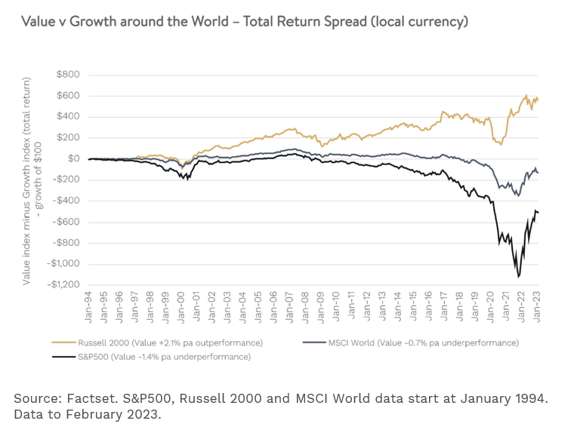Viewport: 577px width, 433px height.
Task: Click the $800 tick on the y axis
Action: click(x=68, y=74)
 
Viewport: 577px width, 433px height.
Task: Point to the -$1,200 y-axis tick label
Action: click(x=63, y=284)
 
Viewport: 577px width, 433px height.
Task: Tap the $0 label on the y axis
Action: click(x=74, y=158)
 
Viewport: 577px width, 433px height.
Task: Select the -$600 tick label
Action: click(x=66, y=222)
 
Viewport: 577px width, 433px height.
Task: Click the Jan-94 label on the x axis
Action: click(x=89, y=306)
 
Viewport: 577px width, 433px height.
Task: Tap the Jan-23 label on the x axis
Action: click(x=537, y=306)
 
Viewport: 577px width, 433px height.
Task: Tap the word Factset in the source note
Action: click(x=81, y=397)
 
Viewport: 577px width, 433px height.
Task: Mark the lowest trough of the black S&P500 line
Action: click(x=519, y=277)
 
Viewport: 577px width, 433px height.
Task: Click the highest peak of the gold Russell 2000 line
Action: click(x=526, y=96)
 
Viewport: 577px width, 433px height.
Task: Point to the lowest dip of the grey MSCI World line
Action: click(x=517, y=195)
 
